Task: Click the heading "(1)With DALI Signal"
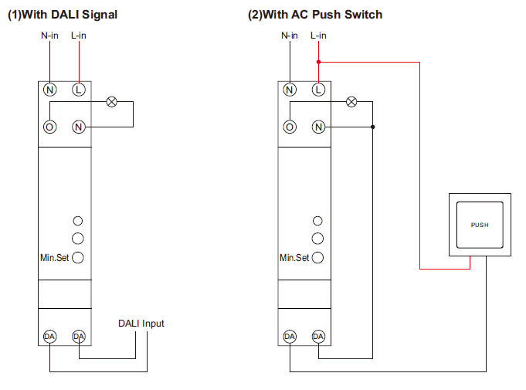(63, 15)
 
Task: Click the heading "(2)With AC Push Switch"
(314, 15)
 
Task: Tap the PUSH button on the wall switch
(480, 225)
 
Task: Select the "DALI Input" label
(141, 324)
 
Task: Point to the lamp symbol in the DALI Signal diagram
(111, 101)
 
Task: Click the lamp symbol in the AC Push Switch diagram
(351, 101)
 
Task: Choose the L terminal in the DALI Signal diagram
(78, 90)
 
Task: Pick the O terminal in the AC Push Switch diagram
(290, 127)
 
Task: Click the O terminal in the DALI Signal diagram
(50, 127)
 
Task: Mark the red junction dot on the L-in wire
(318, 61)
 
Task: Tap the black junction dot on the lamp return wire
(373, 127)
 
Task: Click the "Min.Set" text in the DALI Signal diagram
(54, 257)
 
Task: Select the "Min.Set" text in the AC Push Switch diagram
(294, 257)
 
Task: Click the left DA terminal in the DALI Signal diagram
(50, 337)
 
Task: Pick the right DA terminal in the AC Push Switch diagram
(318, 337)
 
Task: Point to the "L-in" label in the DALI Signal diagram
(79, 36)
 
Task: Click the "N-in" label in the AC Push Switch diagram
(290, 36)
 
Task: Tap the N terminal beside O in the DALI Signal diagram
(78, 127)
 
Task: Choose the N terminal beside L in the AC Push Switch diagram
(290, 90)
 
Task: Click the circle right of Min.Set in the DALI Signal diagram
(78, 257)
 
